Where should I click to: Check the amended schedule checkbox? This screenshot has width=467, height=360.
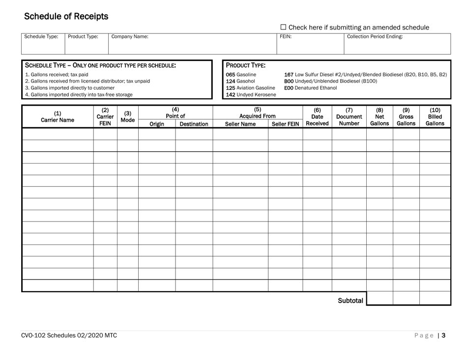pos(283,28)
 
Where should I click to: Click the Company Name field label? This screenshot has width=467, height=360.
pos(130,36)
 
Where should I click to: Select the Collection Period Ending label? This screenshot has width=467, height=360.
pos(375,36)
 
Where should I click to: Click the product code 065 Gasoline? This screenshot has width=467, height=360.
pos(240,75)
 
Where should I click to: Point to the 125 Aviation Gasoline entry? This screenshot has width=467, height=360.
pos(250,88)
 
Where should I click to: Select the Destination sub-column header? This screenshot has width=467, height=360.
pos(194,124)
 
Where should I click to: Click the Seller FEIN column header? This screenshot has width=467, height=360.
pos(285,124)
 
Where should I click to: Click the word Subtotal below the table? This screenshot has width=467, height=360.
pos(350,300)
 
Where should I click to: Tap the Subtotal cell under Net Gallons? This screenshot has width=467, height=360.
pos(379,298)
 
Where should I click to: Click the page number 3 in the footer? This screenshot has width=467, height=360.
pos(443,336)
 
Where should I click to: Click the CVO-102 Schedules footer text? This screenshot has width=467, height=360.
pos(68,336)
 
